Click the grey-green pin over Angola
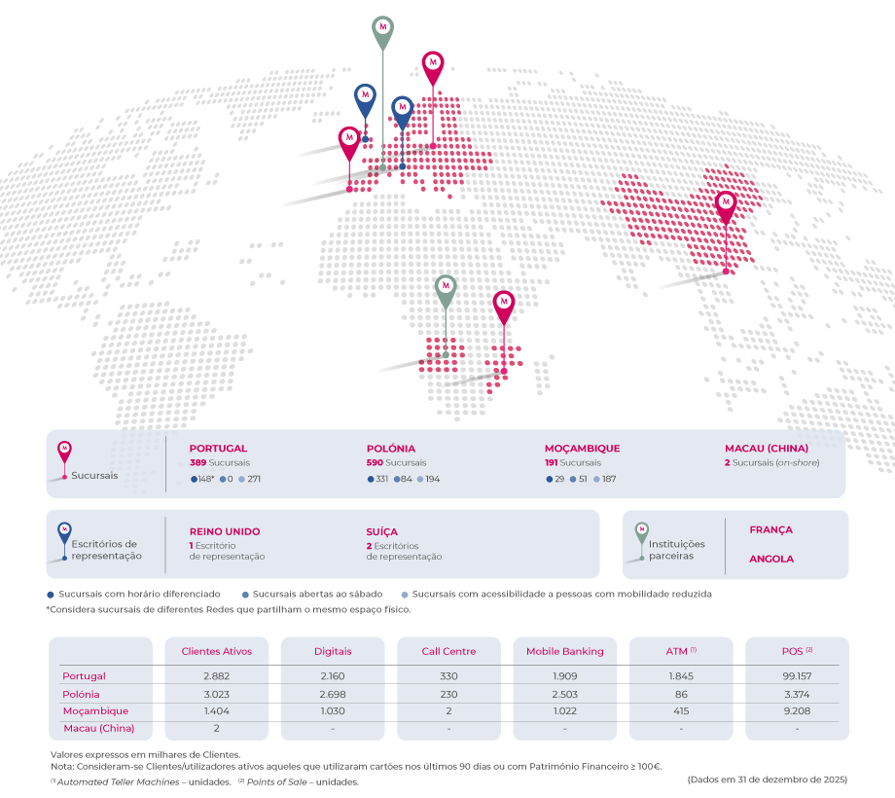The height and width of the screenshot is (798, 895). pos(446,289)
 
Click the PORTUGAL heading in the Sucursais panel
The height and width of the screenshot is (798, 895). pos(218,449)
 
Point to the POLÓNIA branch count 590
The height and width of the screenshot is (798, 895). pos(375,463)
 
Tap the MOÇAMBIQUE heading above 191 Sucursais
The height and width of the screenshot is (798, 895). pos(582,449)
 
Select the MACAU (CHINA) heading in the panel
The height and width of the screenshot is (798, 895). pos(767,449)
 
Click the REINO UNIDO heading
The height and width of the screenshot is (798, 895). pos(225,531)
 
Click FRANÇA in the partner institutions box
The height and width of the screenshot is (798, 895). pos(770,530)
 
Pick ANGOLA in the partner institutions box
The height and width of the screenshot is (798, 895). pos(770,560)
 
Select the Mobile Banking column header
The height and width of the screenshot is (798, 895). pos(564,651)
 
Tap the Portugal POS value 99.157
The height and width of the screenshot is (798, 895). pos(797,676)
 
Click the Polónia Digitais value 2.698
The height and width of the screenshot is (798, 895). pos(333,695)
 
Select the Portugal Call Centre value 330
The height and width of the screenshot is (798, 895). pos(448,676)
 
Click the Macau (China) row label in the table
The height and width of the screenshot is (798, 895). pos(98,728)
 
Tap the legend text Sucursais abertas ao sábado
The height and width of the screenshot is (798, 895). pos(318,594)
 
